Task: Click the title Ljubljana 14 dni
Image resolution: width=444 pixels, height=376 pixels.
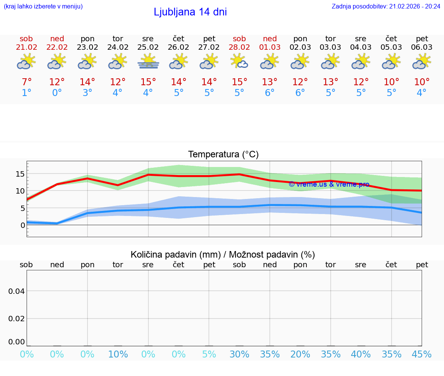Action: [190, 12]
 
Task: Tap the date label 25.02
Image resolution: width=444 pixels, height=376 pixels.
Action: [148, 47]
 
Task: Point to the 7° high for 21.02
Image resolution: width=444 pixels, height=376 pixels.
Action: [27, 82]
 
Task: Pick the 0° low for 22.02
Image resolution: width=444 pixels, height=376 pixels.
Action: [57, 93]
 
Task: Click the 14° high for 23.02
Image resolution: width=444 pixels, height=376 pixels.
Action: [87, 82]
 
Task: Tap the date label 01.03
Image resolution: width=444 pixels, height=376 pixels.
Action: [270, 47]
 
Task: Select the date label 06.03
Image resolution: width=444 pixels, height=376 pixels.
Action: [422, 47]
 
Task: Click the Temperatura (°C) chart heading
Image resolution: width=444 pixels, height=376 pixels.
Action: [223, 155]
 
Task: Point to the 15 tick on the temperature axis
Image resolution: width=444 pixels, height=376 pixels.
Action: [20, 174]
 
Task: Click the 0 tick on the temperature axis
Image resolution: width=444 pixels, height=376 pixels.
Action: [23, 225]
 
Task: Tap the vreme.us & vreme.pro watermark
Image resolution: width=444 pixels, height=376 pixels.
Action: [329, 184]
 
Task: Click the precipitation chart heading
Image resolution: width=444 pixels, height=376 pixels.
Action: [223, 255]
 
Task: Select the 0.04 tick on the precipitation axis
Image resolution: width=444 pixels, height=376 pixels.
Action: [17, 291]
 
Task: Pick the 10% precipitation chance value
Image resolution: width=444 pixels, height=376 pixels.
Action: [118, 354]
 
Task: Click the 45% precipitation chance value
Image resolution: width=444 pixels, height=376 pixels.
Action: [422, 354]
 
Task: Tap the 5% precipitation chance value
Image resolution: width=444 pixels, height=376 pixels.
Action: [209, 354]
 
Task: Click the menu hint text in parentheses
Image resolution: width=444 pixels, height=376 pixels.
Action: [43, 6]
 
